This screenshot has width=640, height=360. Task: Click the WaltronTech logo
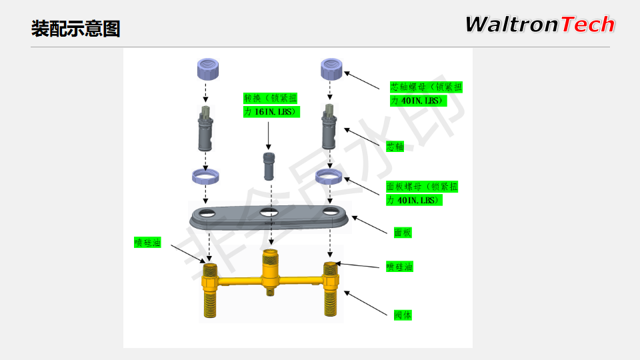(x=539, y=25)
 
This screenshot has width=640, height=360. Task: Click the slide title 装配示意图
(x=75, y=29)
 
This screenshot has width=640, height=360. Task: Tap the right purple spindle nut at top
(x=331, y=68)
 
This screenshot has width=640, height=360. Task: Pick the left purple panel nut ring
(x=204, y=176)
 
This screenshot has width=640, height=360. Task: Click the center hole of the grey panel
(x=269, y=213)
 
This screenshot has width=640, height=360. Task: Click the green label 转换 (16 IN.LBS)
(x=271, y=105)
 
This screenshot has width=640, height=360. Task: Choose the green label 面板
(x=403, y=233)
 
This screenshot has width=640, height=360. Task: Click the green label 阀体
(x=403, y=315)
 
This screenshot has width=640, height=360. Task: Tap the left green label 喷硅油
(x=147, y=243)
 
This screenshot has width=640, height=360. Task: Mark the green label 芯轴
(x=395, y=147)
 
